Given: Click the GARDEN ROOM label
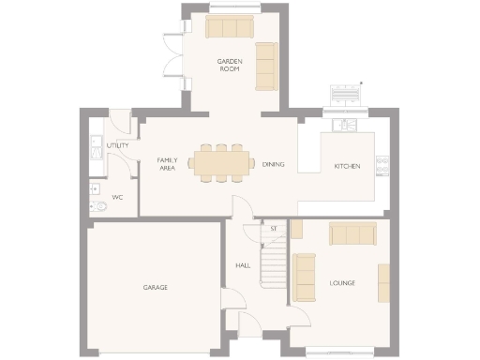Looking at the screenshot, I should coord(231,65).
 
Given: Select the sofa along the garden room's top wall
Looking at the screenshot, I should coord(231,27).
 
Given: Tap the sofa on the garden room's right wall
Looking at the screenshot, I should coord(267,66).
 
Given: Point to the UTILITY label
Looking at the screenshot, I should coord(118,146).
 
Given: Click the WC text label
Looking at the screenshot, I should coord(117,198).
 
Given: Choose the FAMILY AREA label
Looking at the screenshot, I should coord(167,165).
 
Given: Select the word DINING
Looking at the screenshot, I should coord(273,165).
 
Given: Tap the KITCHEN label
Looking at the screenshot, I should coord(348,167).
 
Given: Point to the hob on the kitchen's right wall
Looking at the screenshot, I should coord(382,165).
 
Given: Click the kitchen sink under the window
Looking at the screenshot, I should coord(344,124).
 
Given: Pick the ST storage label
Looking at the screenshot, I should coord(274,228).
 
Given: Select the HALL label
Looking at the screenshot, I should coord(243,265).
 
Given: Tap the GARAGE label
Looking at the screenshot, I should coord(155,287).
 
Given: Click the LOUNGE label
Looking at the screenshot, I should coord(342,282).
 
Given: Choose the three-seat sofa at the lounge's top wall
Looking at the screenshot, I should coord(352,233).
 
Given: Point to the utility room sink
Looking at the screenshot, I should coord(95,147).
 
